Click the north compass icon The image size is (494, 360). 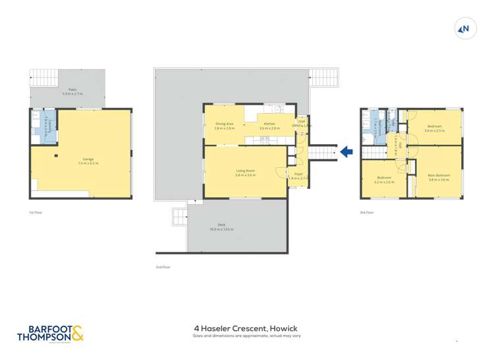[x=465, y=28]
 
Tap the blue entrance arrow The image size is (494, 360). [x=346, y=153]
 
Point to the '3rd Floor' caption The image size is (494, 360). [x=367, y=213]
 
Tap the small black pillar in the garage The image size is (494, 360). [x=57, y=156]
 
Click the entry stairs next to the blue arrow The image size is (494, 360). [x=322, y=153]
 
